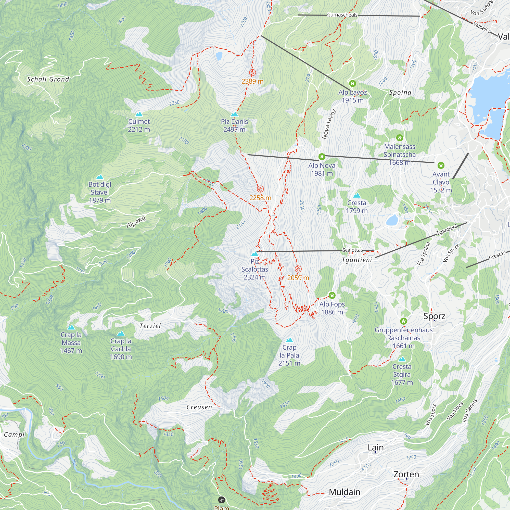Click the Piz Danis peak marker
[x=234, y=114]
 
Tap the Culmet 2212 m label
[x=139, y=125]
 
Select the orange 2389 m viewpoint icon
[x=252, y=72]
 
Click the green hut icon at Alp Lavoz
[x=352, y=84]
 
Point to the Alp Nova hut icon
[x=322, y=157]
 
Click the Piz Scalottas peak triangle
[x=254, y=254]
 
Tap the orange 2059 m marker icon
[x=298, y=269]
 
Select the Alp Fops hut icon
[x=332, y=295]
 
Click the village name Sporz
[x=434, y=316]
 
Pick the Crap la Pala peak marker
[x=289, y=340]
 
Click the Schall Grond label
[x=48, y=79]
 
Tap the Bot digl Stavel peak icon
[x=99, y=177]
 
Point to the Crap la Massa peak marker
[x=71, y=328]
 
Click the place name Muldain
[x=345, y=492]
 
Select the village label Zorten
[x=406, y=474]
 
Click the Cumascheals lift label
[x=342, y=15]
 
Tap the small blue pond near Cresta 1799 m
[x=392, y=220]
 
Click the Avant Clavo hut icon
[x=441, y=165]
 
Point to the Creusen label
[x=199, y=407]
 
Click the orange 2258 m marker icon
[x=260, y=189]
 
